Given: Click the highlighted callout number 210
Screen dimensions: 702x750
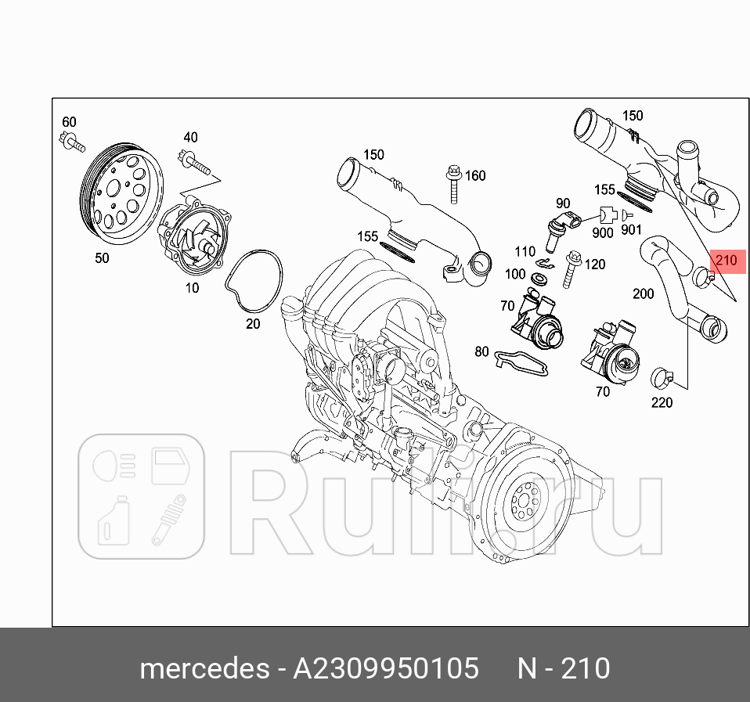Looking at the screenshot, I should [x=726, y=261].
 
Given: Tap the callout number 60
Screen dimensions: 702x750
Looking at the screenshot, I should [x=69, y=121].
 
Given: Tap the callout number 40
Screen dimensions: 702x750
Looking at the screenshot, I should [x=190, y=138].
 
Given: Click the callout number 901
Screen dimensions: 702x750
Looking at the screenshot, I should [x=631, y=230].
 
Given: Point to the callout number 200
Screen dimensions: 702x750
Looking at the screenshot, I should [x=643, y=293].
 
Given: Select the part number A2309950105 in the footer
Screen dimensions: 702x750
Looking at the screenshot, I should [x=385, y=669].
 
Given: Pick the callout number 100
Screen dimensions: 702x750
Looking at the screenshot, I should [x=514, y=274].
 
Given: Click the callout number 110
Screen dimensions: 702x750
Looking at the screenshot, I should [x=525, y=252].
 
